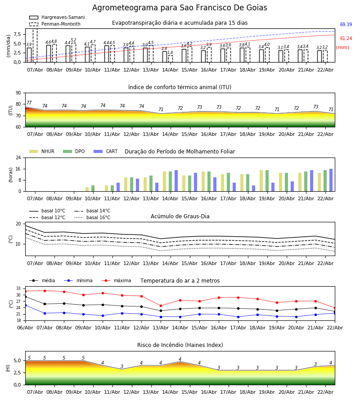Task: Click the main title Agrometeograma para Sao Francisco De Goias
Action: click(180, 8)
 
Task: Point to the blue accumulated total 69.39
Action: click(346, 25)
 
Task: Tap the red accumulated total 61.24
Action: click(346, 39)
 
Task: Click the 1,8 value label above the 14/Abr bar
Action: click(170, 53)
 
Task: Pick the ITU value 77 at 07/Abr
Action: click(29, 103)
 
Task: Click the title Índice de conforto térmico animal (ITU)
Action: click(180, 87)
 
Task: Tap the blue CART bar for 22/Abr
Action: click(331, 180)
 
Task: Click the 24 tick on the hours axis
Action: click(19, 157)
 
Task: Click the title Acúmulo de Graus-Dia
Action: click(180, 216)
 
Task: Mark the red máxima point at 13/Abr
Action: click(161, 306)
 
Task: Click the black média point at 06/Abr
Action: click(25, 297)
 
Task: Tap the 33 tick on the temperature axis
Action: click(19, 288)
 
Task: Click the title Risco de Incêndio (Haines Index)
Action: click(180, 345)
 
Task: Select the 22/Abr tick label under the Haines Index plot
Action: click(325, 392)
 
